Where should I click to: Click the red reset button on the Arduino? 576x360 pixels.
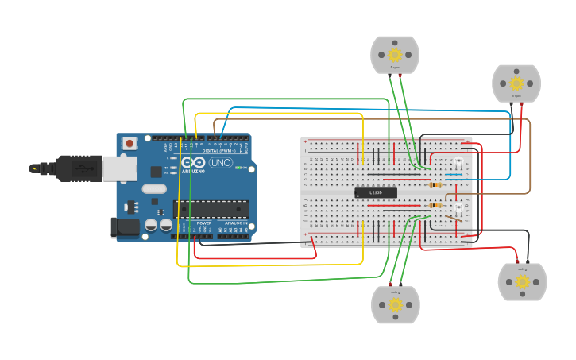click(130, 143)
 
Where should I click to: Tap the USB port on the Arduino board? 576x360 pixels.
click(119, 168)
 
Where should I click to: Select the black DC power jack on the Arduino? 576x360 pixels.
click(125, 227)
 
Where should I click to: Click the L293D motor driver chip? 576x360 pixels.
click(375, 192)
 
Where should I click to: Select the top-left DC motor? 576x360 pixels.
click(395, 55)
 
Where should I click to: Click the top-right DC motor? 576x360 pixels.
click(516, 83)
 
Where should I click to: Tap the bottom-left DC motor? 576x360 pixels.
click(396, 304)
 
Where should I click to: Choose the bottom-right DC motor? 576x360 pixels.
click(522, 281)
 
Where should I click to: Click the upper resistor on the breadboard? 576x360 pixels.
click(435, 184)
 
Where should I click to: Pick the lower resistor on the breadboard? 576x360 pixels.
click(434, 206)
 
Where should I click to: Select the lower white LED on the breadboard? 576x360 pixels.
click(459, 211)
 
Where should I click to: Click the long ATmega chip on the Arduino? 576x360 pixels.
click(211, 209)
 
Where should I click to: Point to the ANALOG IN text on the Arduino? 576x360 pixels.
click(235, 223)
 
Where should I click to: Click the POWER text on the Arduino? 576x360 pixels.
click(203, 223)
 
